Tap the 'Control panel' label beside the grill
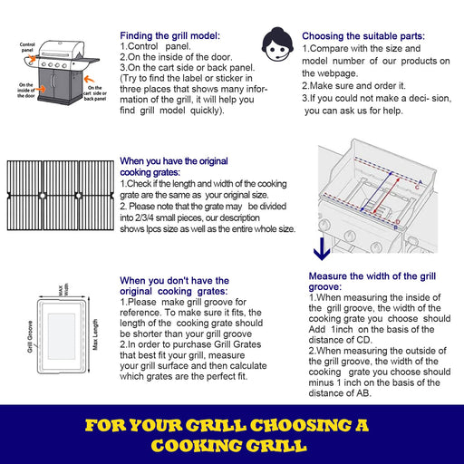click(x=27, y=47)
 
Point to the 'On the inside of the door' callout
click(x=26, y=90)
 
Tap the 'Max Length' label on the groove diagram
click(x=94, y=328)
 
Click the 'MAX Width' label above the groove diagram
click(x=61, y=292)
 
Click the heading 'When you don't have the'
click(x=175, y=281)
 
